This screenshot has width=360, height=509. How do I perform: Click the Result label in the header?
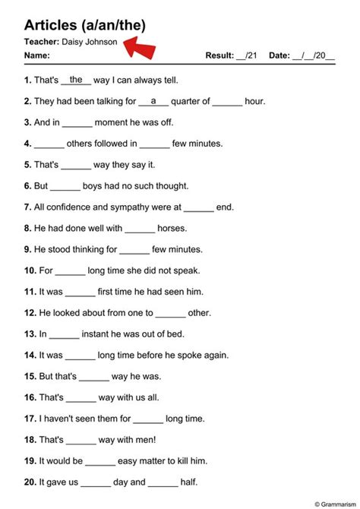[219, 55]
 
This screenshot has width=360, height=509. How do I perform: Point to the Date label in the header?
[279, 55]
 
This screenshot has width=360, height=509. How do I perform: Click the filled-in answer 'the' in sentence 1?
[76, 79]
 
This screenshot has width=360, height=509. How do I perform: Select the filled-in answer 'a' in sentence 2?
[153, 100]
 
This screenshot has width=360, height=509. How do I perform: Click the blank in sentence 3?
[77, 122]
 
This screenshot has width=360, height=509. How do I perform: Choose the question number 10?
[30, 270]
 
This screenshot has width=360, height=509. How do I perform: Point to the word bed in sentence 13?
[177, 334]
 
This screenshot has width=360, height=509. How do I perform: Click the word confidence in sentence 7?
[71, 207]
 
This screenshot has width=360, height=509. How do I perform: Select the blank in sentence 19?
[99, 460]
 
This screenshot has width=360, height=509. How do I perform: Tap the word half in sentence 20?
[189, 482]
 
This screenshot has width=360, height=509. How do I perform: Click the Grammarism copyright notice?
[333, 503]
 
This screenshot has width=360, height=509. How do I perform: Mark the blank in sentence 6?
[65, 185]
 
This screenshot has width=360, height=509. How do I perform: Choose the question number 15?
[30, 376]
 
